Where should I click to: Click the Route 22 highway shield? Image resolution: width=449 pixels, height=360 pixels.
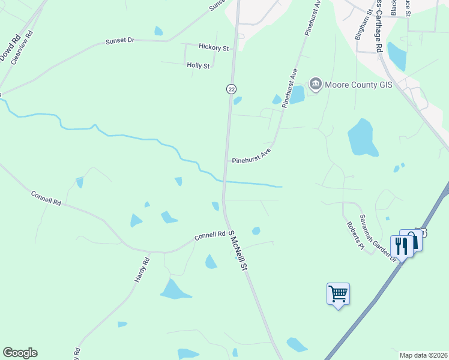pos(231,89)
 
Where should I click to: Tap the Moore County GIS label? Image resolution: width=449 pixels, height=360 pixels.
pos(358,85)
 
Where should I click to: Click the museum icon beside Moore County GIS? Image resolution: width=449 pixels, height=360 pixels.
pos(316,84)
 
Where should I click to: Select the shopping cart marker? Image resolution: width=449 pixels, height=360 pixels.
pos(339,293)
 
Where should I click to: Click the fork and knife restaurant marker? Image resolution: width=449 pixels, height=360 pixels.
pos(400,245)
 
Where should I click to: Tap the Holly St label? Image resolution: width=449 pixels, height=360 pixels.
pos(198,65)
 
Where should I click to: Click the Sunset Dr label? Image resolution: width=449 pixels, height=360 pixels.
pos(119,41)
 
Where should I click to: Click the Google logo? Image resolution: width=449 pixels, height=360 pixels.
pos(20,353)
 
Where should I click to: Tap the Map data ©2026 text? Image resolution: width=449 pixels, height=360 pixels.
pos(423,355)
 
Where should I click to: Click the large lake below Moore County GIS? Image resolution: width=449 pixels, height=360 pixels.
pos(362,137)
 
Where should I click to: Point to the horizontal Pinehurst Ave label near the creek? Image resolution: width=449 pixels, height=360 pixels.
pos(252,157)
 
